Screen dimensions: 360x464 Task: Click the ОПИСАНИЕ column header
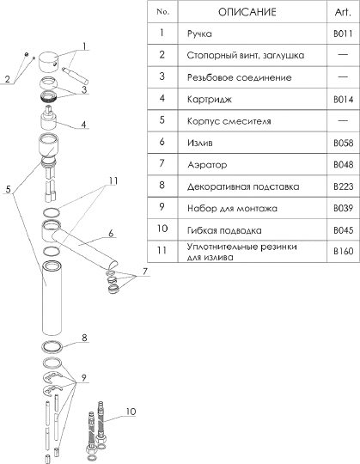(247, 12)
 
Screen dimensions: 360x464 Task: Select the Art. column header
(343, 12)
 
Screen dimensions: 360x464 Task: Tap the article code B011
(343, 34)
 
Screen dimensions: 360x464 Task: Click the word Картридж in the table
(210, 100)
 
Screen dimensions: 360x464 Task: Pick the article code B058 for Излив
(344, 143)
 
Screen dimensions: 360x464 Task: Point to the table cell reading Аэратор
(207, 164)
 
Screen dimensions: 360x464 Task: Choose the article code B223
(344, 186)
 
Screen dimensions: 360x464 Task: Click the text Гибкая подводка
(224, 230)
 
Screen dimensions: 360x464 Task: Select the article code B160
(344, 251)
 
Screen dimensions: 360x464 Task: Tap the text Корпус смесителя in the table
(229, 121)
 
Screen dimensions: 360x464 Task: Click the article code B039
(344, 208)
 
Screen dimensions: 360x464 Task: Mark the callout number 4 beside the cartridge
(83, 125)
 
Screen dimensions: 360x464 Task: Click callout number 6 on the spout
(111, 234)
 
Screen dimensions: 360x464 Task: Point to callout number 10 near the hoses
(131, 412)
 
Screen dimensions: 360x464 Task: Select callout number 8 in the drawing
(84, 338)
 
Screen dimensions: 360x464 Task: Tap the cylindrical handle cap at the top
(50, 61)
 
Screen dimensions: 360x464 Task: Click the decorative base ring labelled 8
(52, 347)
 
